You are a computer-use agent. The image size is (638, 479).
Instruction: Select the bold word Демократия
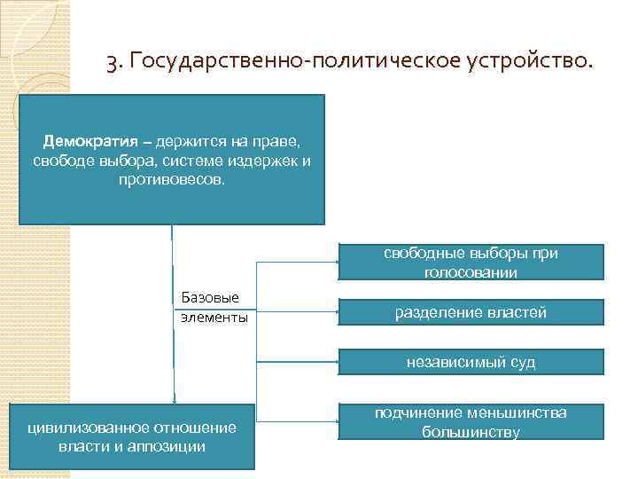point(89,143)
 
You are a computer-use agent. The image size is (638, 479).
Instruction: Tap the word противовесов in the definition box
point(172,180)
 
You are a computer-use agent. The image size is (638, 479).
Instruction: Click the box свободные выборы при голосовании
point(471,263)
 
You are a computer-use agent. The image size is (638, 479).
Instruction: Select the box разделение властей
point(471,312)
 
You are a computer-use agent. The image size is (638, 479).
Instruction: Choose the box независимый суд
point(471,361)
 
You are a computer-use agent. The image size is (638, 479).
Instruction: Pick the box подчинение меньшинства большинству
point(471,422)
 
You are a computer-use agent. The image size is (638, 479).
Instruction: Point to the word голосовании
point(471,273)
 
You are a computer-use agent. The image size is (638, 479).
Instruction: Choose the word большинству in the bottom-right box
point(471,432)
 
